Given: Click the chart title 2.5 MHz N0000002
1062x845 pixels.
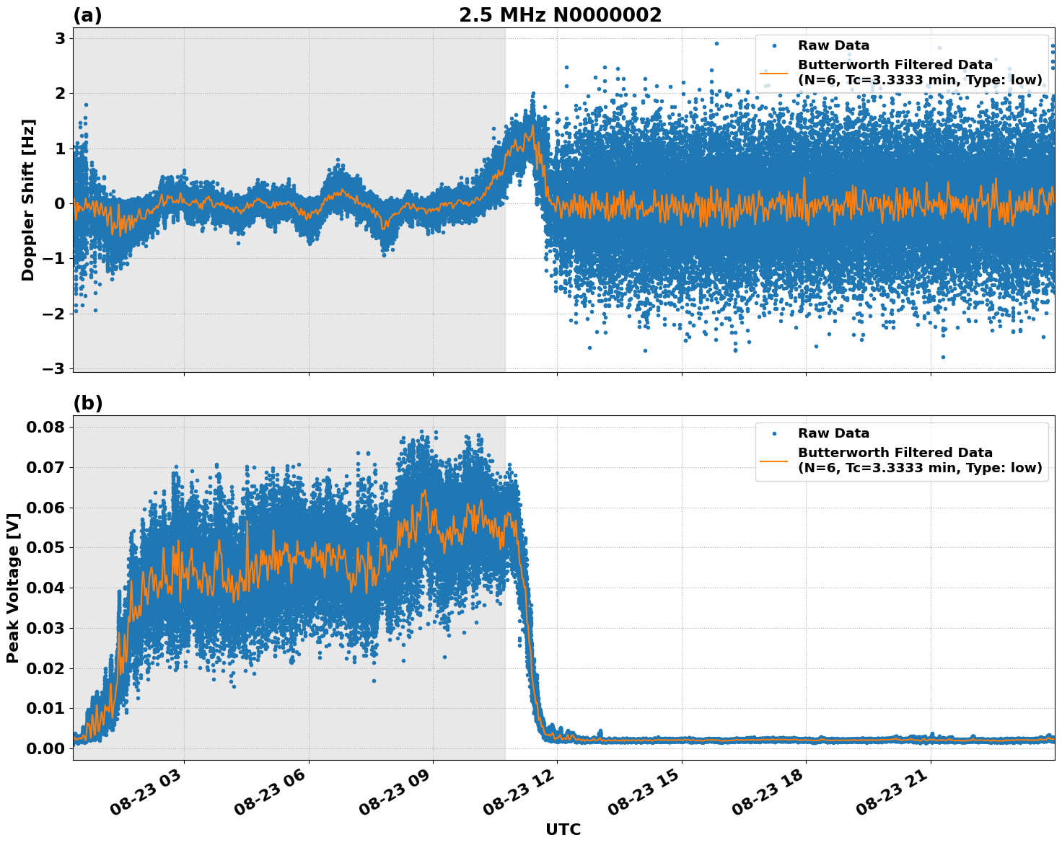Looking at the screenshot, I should pyautogui.click(x=560, y=15).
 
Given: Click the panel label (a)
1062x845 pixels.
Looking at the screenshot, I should pyautogui.click(x=88, y=15).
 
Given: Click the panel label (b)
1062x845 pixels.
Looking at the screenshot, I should pyautogui.click(x=88, y=403).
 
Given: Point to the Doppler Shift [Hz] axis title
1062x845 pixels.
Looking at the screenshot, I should pyautogui.click(x=28, y=200).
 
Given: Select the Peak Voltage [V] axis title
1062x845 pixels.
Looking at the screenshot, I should pyautogui.click(x=12, y=588).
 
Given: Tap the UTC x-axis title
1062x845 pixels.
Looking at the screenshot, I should pyautogui.click(x=563, y=829).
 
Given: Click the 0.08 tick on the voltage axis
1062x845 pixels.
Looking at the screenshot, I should pyautogui.click(x=45, y=428).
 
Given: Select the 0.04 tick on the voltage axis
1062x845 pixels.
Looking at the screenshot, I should pyautogui.click(x=45, y=588).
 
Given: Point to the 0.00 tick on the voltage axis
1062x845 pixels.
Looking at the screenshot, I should pyautogui.click(x=45, y=749).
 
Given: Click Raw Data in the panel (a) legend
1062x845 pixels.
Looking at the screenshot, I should pyautogui.click(x=833, y=45).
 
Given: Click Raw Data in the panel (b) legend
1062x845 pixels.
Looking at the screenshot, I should pyautogui.click(x=833, y=433).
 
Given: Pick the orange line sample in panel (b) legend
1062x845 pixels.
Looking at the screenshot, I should pyautogui.click(x=774, y=460).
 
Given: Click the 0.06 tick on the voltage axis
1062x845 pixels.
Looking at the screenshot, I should pyautogui.click(x=45, y=508).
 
